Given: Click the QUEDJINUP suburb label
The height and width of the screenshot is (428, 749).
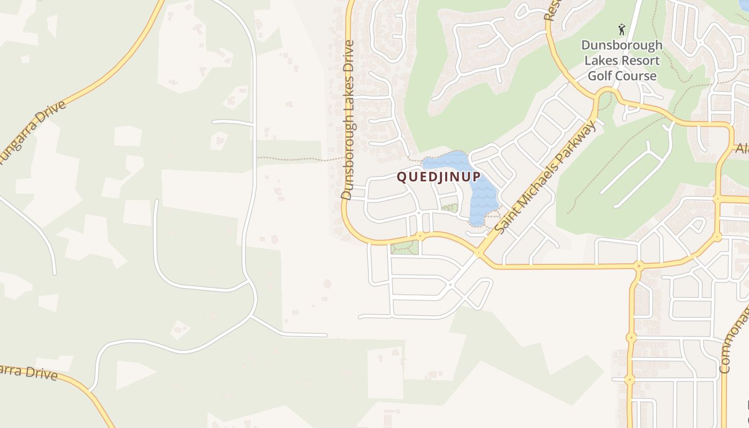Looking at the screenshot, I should point(438,177).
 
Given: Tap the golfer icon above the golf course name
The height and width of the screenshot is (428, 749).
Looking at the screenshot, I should point(622,29).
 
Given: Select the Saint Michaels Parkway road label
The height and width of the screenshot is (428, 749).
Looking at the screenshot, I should point(545,177).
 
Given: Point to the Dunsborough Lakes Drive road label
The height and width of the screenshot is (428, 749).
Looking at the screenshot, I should point(348,120).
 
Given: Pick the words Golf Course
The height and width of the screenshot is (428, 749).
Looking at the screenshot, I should point(622,76).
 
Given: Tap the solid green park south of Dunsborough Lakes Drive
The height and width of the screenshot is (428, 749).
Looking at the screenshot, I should point(404,248).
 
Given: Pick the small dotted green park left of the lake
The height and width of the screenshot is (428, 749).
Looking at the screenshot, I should point(450,208).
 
